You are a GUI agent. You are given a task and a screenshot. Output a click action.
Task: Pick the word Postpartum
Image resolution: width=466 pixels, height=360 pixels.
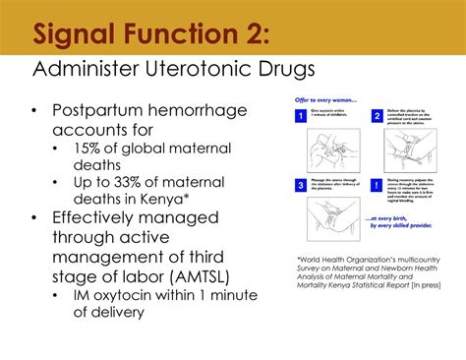(x=100, y=109)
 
